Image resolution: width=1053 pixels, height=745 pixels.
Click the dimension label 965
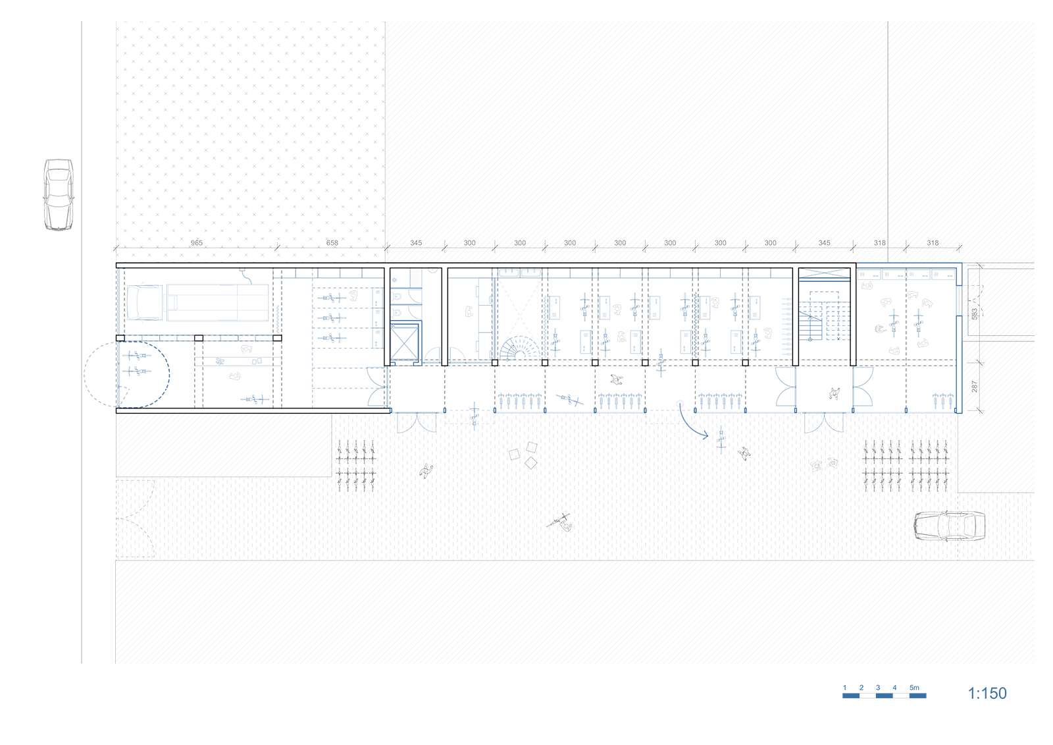pyautogui.click(x=197, y=243)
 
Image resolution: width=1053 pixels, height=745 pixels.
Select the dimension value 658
pyautogui.click(x=332, y=243)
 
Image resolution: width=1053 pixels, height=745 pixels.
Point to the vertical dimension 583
pyautogui.click(x=975, y=314)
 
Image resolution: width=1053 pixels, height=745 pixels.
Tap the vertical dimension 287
pyautogui.click(x=975, y=387)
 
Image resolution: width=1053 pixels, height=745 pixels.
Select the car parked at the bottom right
pyautogui.click(x=949, y=526)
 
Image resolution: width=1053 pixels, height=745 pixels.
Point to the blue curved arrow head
pyautogui.click(x=705, y=435)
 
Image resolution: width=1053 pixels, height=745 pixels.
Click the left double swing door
pyautogui.click(x=417, y=423)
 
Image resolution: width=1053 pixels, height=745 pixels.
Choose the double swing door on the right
pyautogui.click(x=824, y=423)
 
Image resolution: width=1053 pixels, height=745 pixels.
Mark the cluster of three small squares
pyautogui.click(x=525, y=455)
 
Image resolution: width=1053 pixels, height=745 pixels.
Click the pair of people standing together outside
pyautogui.click(x=825, y=464)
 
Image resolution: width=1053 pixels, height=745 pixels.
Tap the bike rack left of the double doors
pyautogui.click(x=356, y=464)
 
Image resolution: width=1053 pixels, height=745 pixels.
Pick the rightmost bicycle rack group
pyautogui.click(x=929, y=465)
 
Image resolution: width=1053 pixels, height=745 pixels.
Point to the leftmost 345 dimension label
pyautogui.click(x=416, y=243)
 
